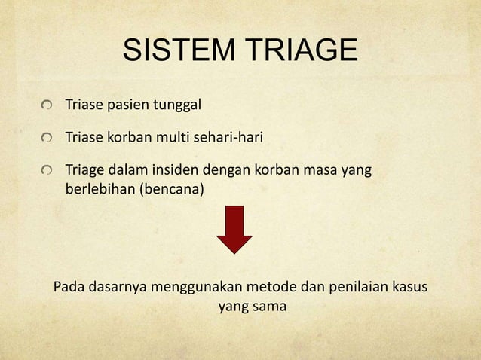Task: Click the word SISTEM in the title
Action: (175, 51)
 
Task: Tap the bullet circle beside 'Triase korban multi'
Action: (48, 139)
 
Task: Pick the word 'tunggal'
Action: (177, 105)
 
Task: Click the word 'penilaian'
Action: (351, 288)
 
